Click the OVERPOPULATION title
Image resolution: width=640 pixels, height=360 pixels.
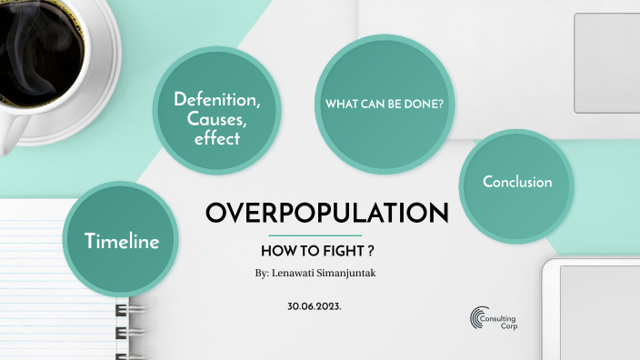[x=327, y=213]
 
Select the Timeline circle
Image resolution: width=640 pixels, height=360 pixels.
[x=122, y=241]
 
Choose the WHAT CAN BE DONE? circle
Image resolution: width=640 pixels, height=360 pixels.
[x=385, y=104]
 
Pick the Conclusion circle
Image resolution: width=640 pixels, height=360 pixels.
[x=517, y=182]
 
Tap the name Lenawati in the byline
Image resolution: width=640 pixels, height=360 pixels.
[x=298, y=272]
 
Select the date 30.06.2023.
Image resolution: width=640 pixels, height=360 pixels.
[x=314, y=307]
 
